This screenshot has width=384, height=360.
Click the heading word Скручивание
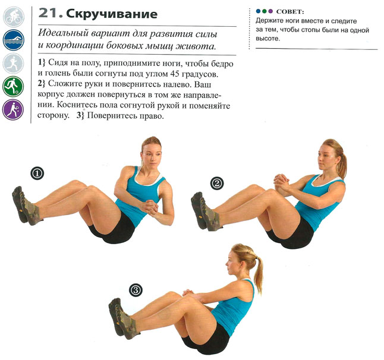tap(112, 14)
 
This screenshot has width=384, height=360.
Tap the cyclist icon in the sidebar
tap(13, 17)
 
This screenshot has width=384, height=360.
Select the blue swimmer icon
tap(13, 40)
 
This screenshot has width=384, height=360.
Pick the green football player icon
tap(13, 86)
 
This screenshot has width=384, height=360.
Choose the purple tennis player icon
tap(13, 110)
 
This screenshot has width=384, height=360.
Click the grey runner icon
tap(13, 63)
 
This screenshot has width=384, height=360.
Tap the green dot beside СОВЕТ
tap(264, 11)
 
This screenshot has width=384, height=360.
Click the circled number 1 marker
tap(37, 173)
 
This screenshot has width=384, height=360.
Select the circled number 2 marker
tap(217, 184)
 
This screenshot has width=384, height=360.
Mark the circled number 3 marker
tap(136, 290)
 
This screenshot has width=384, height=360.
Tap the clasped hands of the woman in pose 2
tap(282, 182)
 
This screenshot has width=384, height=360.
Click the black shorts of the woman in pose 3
tap(208, 338)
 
